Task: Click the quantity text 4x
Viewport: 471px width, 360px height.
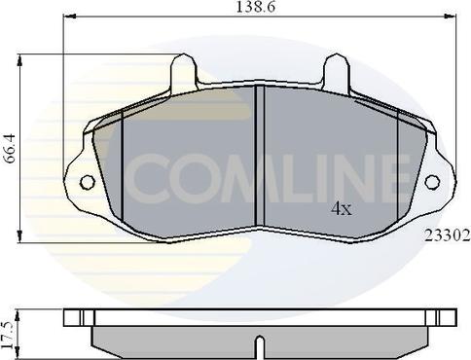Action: pyautogui.click(x=341, y=208)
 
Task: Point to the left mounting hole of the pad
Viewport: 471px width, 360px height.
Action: pyautogui.click(x=85, y=181)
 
